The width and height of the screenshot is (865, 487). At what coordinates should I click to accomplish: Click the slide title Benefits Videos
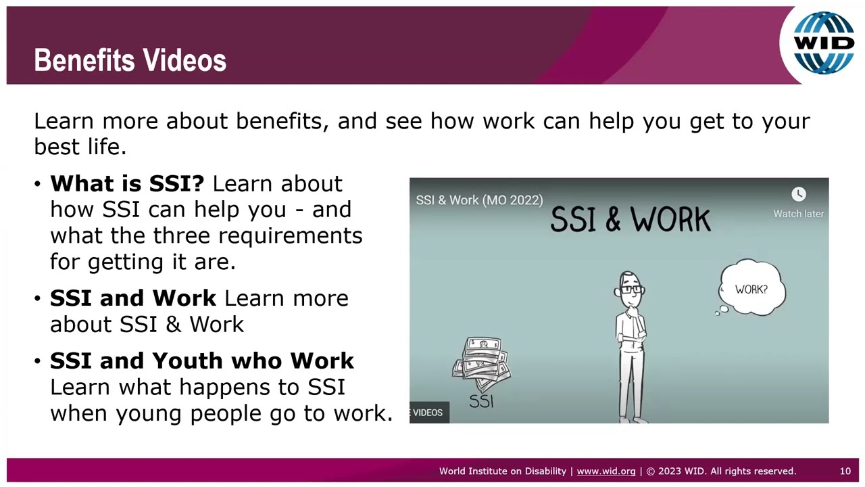[130, 60]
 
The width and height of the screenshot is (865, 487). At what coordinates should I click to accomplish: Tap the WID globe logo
[823, 43]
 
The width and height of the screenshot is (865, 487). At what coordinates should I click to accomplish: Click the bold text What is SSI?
[127, 183]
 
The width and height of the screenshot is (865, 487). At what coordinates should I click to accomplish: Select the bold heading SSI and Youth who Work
[201, 361]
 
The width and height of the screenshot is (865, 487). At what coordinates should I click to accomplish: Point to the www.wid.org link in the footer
[605, 471]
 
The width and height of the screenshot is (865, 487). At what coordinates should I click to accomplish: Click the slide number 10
[845, 471]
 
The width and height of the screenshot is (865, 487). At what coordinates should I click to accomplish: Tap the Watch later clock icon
[798, 195]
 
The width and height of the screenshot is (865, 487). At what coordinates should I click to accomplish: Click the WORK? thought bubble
[751, 289]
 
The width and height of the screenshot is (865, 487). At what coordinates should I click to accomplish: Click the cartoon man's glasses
[630, 289]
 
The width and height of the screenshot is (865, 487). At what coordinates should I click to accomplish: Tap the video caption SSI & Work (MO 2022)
[479, 200]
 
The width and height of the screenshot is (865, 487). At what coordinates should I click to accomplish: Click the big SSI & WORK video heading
[630, 220]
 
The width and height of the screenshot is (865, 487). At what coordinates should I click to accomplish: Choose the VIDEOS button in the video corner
[428, 413]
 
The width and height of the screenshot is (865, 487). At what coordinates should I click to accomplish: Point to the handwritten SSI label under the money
[481, 401]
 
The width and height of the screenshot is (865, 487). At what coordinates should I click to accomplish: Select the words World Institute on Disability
[502, 471]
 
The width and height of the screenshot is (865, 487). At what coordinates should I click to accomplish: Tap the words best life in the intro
[80, 147]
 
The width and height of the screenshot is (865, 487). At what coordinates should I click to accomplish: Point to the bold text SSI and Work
[133, 298]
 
